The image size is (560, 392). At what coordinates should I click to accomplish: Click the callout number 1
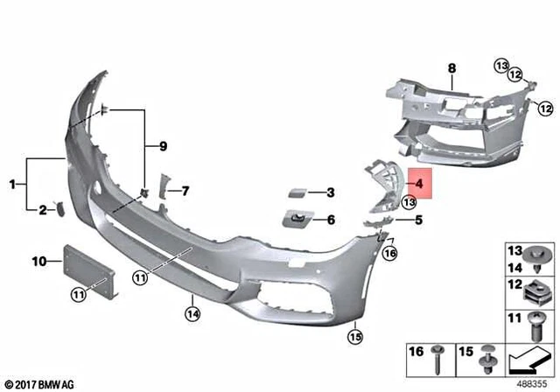coord(13,184)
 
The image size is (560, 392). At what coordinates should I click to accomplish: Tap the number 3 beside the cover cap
coord(331,192)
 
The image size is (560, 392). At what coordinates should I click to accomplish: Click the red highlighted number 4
coord(419,185)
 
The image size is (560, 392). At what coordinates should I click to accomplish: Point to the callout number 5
coord(419,220)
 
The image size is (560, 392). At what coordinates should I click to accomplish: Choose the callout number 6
coord(331,220)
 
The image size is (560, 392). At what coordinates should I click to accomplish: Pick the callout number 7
coord(185,190)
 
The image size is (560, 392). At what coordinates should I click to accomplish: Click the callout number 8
coord(451,67)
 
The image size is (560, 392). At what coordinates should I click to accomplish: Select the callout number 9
coord(160,145)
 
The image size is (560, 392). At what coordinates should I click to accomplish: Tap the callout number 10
coord(38,261)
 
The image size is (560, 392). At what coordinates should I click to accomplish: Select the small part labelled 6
coord(296,219)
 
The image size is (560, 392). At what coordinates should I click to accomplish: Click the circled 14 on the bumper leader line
coord(192,310)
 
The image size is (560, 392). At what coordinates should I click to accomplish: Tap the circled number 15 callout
coord(355,333)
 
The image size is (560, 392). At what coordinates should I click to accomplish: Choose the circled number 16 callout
coord(390,253)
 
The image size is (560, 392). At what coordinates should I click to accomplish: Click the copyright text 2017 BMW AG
coord(40,383)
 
